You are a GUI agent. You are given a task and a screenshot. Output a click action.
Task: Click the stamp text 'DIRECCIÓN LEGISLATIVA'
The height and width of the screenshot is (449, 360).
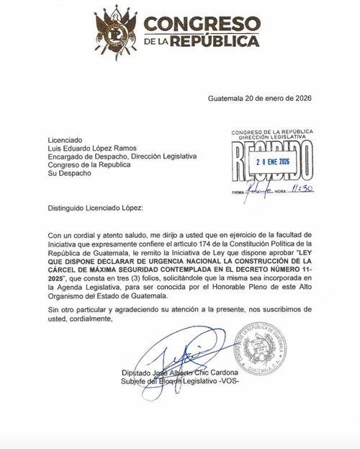click(x=272, y=136)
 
